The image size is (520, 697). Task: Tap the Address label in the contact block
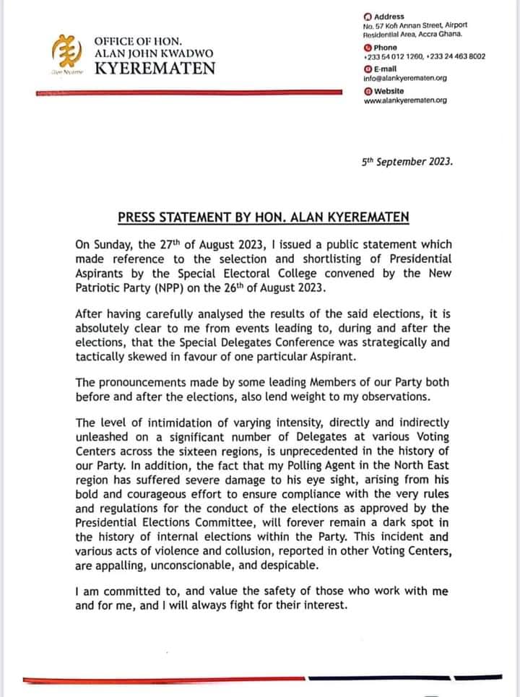tap(389, 17)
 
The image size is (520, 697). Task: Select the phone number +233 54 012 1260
tap(395, 56)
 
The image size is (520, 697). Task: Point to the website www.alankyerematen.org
tap(404, 100)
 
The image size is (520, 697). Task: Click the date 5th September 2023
tap(407, 163)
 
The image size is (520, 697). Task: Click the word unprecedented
tap(325, 449)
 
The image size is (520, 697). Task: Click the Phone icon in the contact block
tap(368, 48)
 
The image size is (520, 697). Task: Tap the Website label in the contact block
tap(389, 90)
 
